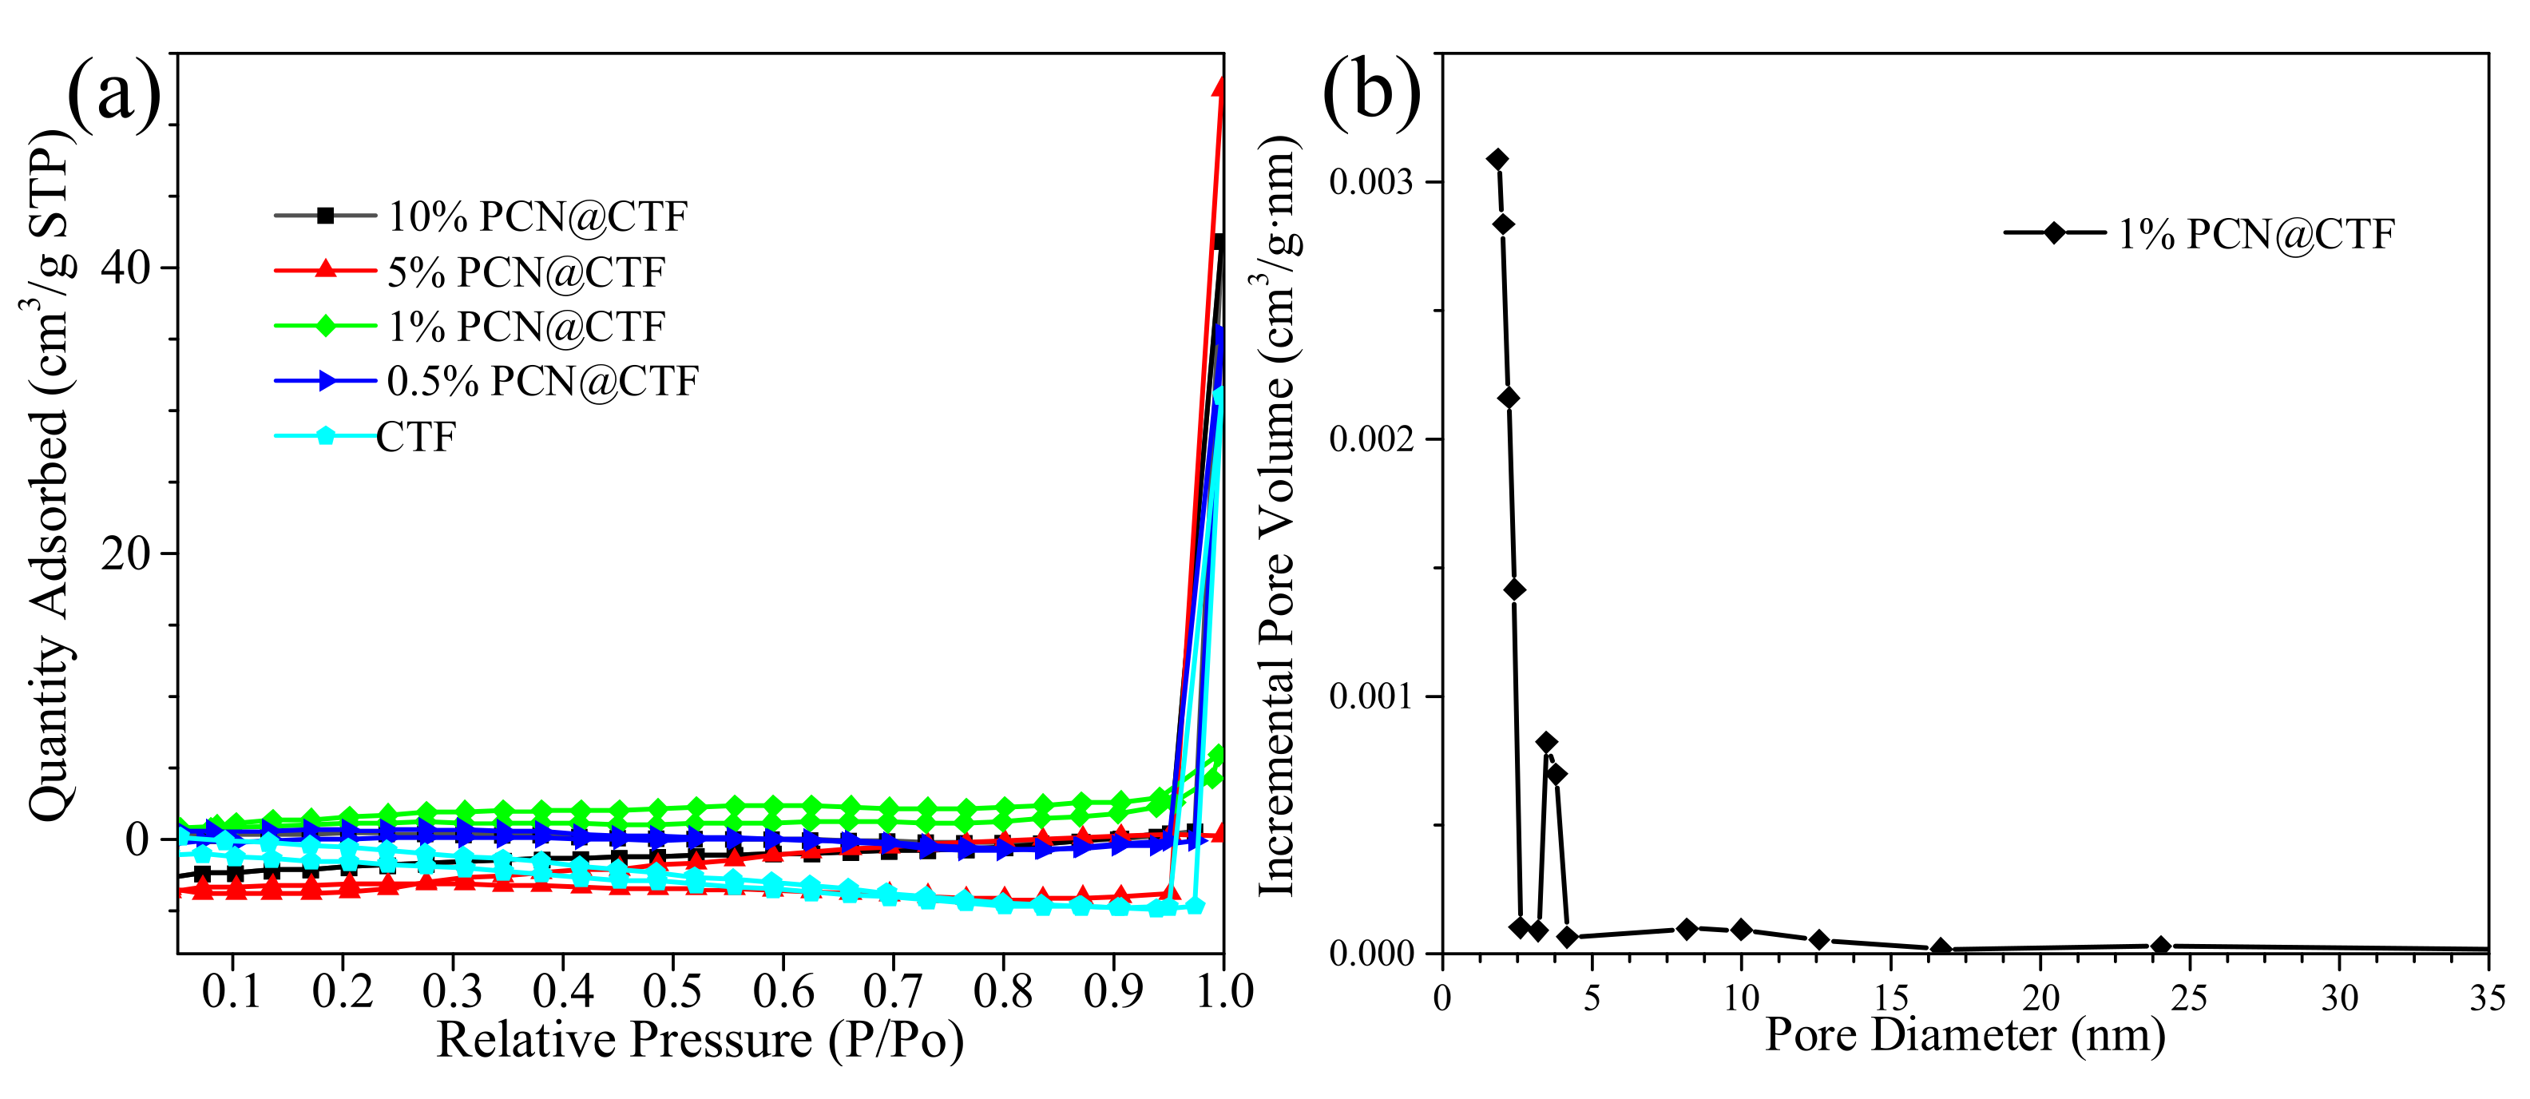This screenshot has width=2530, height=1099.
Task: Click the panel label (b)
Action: click(1371, 93)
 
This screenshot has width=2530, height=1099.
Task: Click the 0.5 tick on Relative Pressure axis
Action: click(672, 993)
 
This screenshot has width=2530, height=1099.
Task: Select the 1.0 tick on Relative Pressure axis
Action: click(1223, 993)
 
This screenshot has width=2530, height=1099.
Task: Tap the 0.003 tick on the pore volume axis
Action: click(1372, 181)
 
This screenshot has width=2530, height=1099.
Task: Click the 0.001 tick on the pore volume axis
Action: click(1372, 696)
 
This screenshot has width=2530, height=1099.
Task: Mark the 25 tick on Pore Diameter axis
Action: click(2188, 998)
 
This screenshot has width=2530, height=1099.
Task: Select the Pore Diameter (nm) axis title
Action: click(1965, 1035)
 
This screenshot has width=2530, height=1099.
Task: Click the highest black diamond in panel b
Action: click(1497, 159)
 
